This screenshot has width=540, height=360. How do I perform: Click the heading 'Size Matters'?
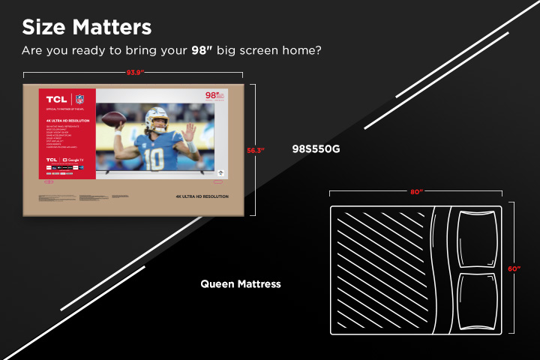pos(86,28)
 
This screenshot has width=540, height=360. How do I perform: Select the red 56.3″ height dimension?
pos(256,150)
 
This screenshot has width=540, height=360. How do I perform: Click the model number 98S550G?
pos(316,148)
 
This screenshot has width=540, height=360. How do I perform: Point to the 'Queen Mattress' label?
pos(241,284)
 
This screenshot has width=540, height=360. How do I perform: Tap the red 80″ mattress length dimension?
pos(417,192)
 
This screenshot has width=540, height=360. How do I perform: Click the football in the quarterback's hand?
pos(113,119)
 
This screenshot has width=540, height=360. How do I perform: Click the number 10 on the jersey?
pos(154,160)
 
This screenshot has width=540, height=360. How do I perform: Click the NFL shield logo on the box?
pos(79,100)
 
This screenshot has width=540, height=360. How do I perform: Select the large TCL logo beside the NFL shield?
pos(56,100)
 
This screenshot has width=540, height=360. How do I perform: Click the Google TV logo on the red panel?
pos(73,160)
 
